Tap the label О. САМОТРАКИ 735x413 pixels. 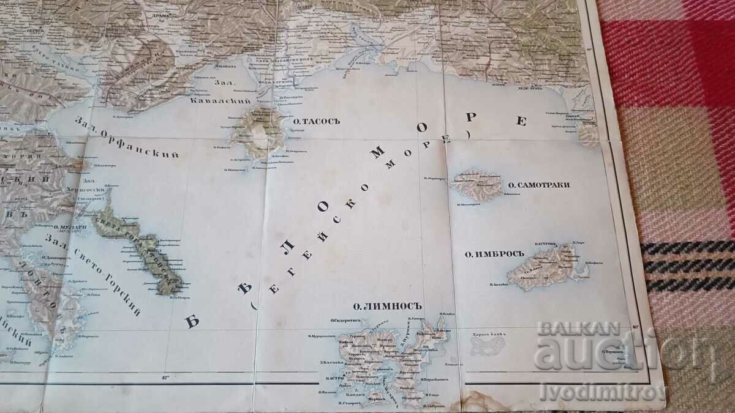click(x=539, y=184)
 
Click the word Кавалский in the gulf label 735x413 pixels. click(x=211, y=100)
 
